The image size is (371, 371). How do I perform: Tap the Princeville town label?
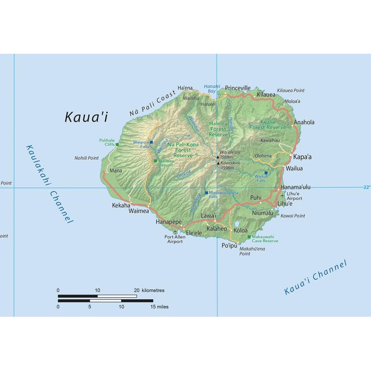237,88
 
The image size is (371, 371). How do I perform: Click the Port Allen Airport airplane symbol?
175,232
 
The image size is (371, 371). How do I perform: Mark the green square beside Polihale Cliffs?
117,144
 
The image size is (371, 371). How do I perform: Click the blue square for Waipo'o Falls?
151,142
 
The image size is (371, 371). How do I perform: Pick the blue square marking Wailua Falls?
266,173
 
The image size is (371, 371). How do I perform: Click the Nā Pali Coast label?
153,104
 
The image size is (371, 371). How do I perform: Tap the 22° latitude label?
367,187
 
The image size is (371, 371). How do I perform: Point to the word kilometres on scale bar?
153,290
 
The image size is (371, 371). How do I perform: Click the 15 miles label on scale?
159,307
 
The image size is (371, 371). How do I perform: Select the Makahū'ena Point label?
251,251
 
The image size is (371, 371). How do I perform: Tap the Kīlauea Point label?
291,90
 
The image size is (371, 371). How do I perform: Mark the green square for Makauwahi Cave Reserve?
249,237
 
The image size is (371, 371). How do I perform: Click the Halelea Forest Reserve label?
218,128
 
